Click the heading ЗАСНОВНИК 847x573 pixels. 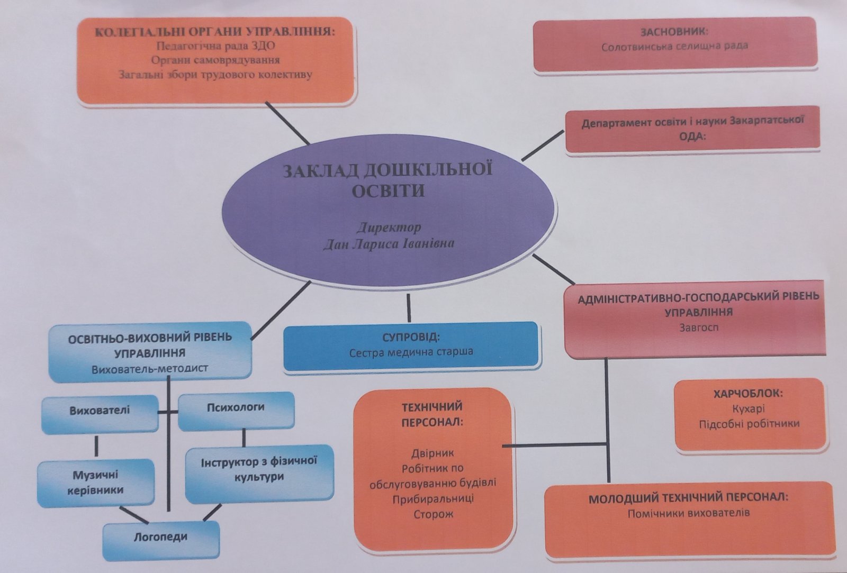pos(674,32)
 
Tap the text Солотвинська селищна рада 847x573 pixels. pos(674,47)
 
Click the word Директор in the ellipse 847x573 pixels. pos(389,228)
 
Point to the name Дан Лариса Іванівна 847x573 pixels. pos(389,244)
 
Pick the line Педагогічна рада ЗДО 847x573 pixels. pos(215,46)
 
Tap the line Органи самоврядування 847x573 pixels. pos(215,60)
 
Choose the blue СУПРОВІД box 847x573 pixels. pos(411,345)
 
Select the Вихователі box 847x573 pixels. pos(100,410)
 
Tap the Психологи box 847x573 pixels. pos(236,408)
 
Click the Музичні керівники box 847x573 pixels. pos(96,483)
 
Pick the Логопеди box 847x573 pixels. pos(160,537)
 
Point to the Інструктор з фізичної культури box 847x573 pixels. pos(259,469)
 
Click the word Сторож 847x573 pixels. pos(433,514)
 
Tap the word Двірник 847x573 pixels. pos(432,453)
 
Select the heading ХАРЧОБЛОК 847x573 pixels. pos(749,394)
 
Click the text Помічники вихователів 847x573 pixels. pos(689,513)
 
